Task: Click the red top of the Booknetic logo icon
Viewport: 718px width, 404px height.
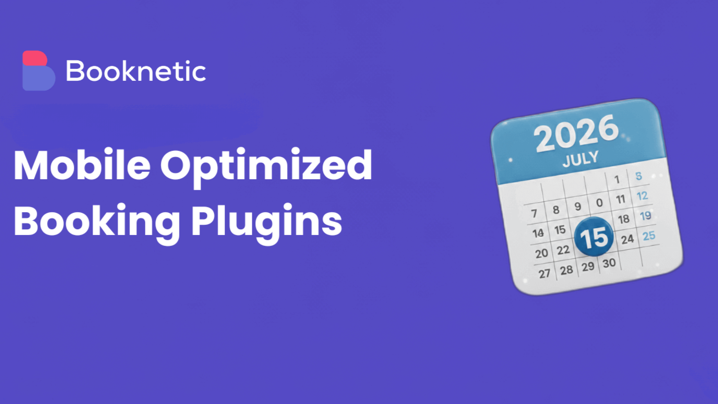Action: [35, 58]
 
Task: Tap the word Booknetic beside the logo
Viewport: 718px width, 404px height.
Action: [136, 71]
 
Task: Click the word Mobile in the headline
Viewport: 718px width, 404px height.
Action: [82, 165]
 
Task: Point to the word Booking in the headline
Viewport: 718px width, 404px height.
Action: [97, 221]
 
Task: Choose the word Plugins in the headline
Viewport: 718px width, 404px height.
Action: [267, 221]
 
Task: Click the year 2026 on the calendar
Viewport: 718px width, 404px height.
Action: [576, 133]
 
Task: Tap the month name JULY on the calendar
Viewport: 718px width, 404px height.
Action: [581, 159]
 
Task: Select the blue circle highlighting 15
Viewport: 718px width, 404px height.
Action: [594, 237]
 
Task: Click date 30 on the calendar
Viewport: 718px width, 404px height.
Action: [609, 263]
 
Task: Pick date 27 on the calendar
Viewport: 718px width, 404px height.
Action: [544, 273]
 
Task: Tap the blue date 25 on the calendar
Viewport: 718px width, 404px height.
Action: [649, 236]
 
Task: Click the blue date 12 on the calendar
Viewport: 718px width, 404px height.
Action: [642, 196]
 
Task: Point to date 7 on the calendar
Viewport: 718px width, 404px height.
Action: [534, 213]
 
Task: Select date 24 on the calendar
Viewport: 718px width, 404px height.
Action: [628, 239]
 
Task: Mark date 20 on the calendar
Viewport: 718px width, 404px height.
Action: [541, 253]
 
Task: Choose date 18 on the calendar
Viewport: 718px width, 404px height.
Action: [624, 219]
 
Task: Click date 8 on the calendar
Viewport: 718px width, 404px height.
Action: [556, 210]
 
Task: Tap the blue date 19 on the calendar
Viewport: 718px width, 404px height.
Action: [645, 216]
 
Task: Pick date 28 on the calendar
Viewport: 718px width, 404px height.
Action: [566, 270]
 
